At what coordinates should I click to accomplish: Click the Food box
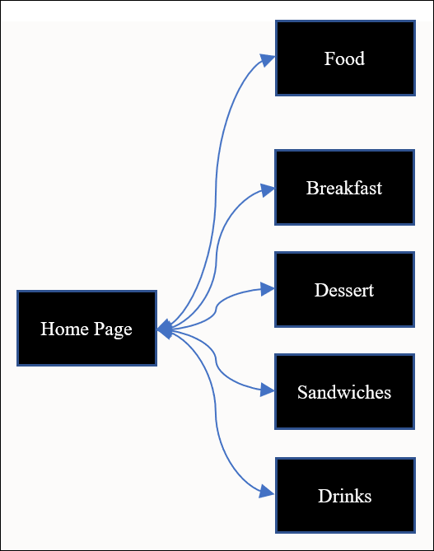point(344,58)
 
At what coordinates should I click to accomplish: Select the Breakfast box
point(344,188)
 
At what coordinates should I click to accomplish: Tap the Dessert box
point(344,290)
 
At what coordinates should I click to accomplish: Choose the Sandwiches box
point(344,392)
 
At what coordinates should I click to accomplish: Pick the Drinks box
point(344,496)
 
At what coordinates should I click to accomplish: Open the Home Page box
point(86,328)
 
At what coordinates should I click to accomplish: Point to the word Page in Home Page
point(112,329)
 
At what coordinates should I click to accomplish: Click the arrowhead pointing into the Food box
point(268,59)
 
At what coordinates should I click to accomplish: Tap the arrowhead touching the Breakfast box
point(268,189)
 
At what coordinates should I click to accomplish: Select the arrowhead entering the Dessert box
point(268,289)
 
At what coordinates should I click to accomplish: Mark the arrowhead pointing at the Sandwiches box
point(268,391)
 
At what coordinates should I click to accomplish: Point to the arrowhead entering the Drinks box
point(268,493)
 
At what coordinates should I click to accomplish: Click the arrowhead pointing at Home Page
point(164,329)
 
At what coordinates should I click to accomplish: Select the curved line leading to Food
point(217,165)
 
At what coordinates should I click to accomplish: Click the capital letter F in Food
point(329,59)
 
